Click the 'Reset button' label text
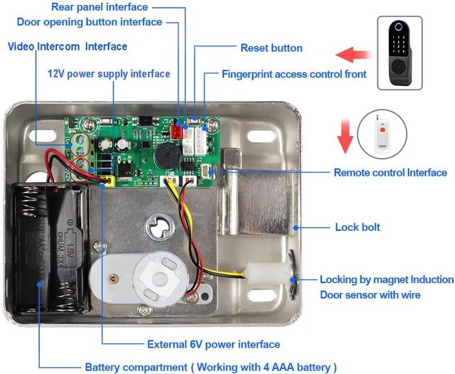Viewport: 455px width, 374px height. point(271,48)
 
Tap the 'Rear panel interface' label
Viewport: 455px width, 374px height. point(100,7)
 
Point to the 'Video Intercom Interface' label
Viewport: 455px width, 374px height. point(68,47)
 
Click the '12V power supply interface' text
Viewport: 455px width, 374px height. point(109,74)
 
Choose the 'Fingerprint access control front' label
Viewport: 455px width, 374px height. point(294,74)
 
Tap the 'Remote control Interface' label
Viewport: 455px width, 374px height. point(390,173)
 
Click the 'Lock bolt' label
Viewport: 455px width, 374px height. point(357,228)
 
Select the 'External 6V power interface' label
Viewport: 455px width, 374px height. point(213,345)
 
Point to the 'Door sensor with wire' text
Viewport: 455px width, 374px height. point(370,295)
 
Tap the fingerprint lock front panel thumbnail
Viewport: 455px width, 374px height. point(399,53)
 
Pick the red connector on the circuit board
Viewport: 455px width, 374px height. point(178,131)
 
